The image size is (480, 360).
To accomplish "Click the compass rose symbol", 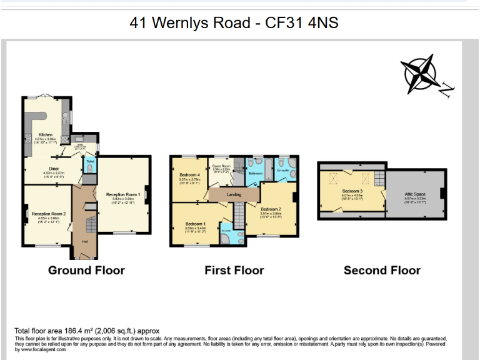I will (x=420, y=74).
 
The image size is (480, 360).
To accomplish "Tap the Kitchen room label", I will (x=46, y=134).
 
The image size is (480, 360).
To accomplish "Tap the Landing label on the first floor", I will (x=234, y=195).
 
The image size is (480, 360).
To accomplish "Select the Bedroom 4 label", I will (x=189, y=174).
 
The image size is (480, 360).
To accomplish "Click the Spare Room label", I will (x=222, y=165).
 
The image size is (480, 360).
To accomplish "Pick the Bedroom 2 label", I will (x=271, y=209).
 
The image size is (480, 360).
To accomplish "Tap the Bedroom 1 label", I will (x=195, y=224).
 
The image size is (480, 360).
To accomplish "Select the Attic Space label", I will (x=415, y=195).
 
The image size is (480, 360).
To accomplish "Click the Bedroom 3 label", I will (x=352, y=191).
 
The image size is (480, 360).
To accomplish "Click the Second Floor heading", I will (x=382, y=271).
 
